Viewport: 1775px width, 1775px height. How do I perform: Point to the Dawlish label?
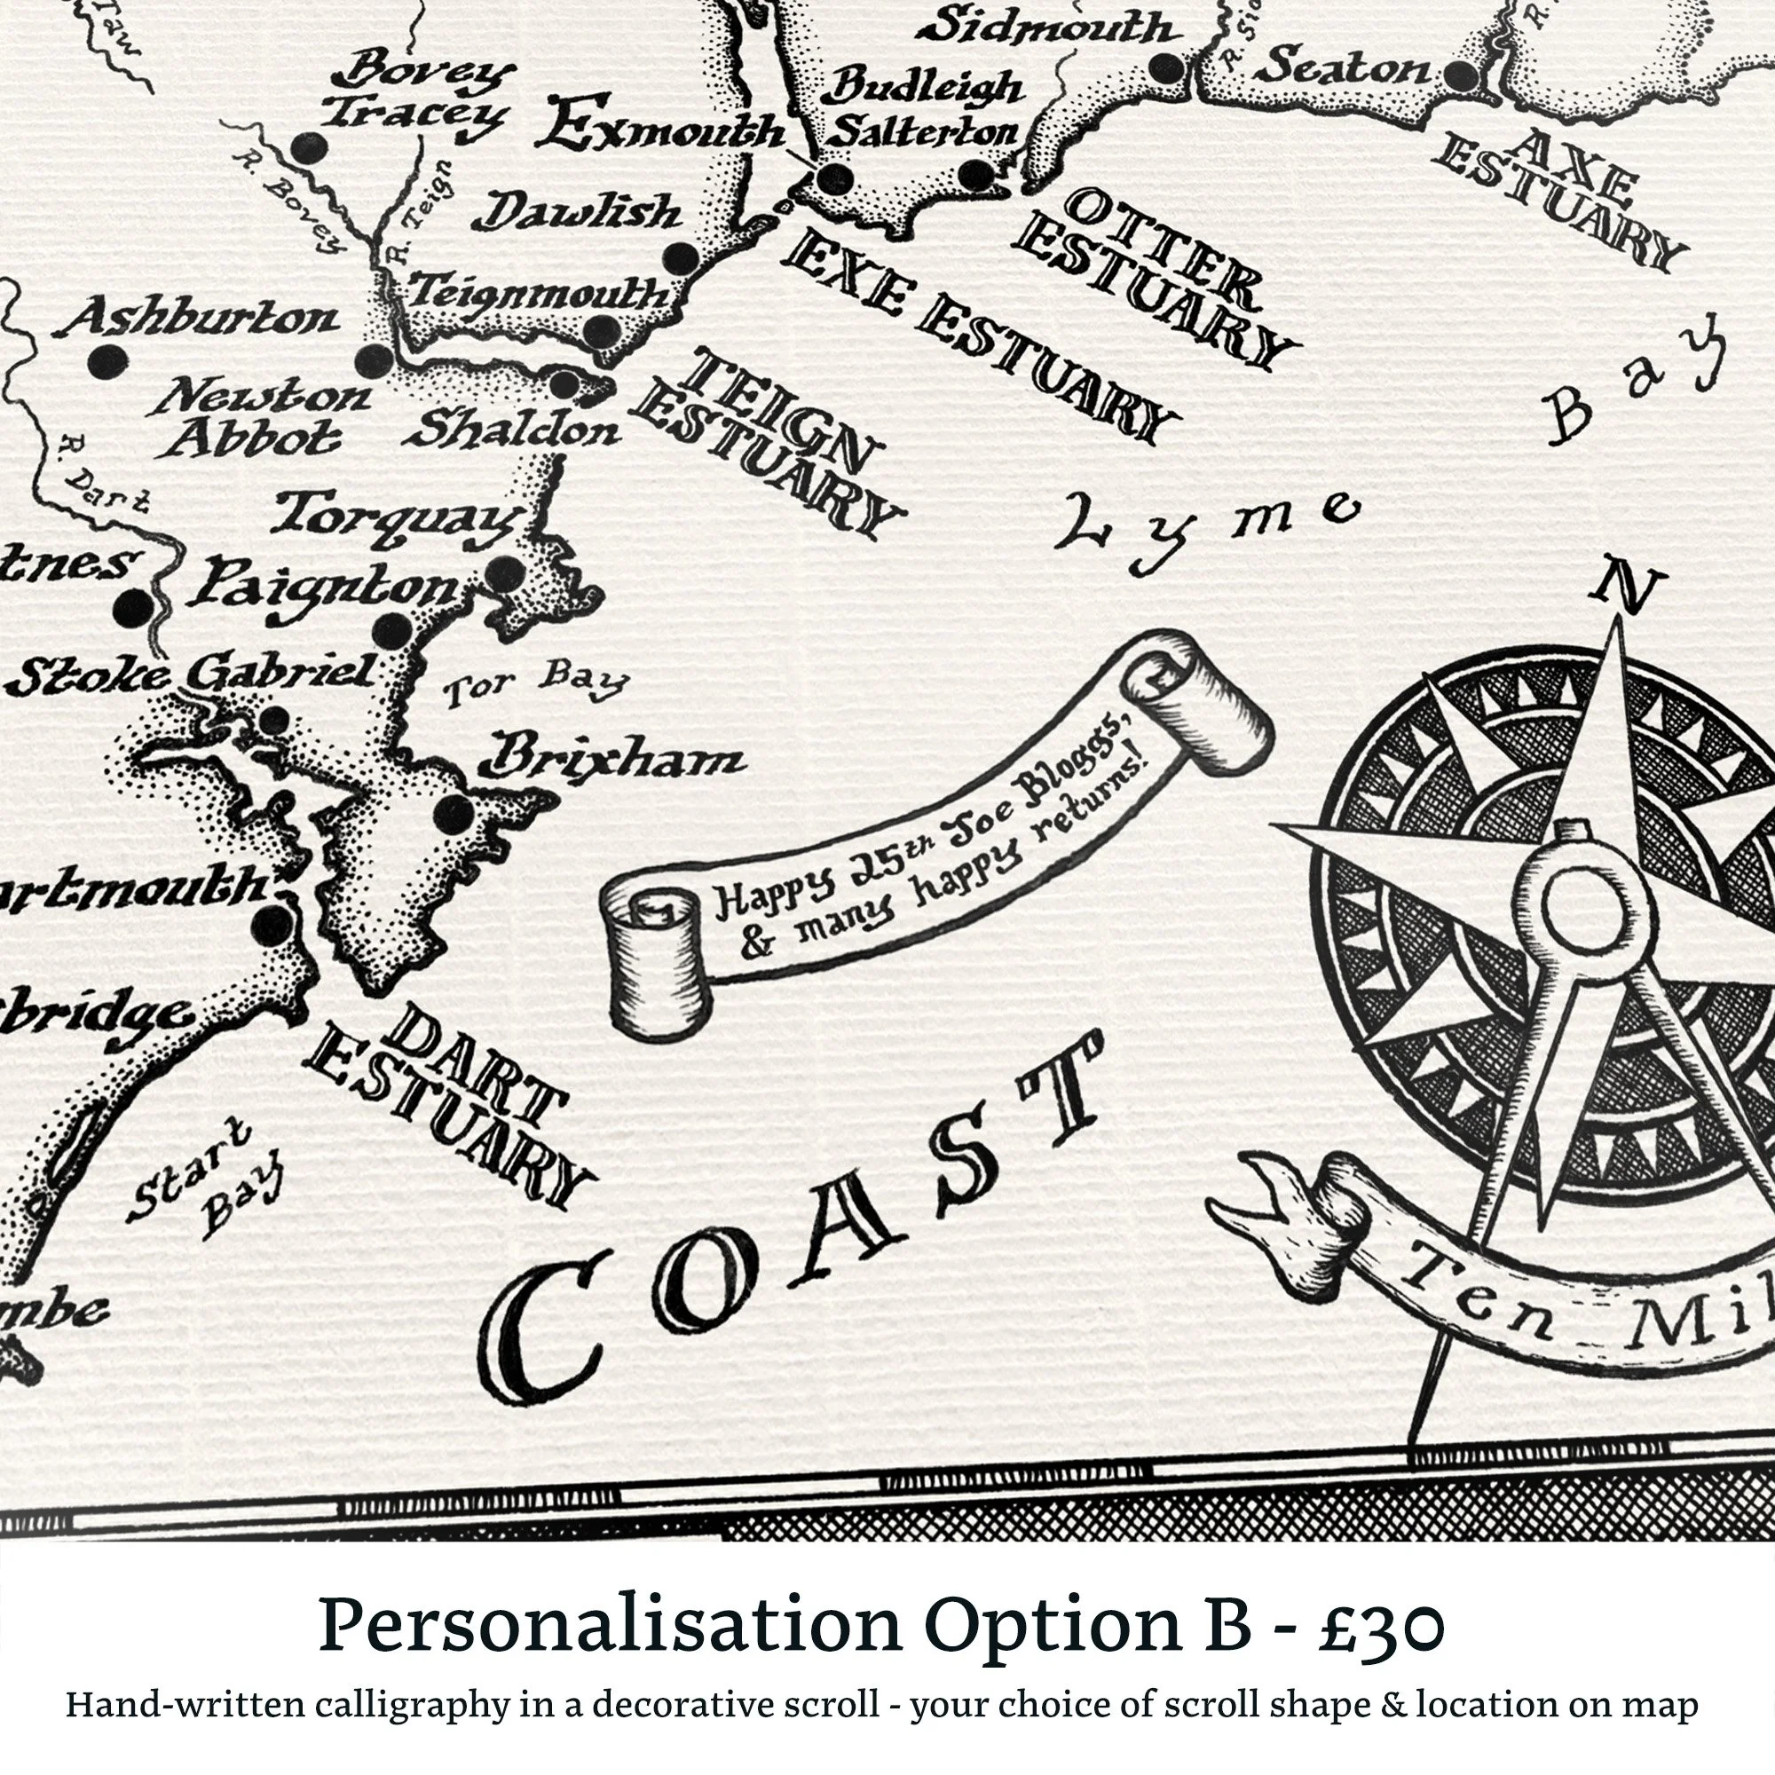(x=577, y=213)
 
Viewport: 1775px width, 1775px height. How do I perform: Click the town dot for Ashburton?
(x=107, y=361)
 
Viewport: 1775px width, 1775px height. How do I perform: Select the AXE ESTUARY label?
(x=1562, y=198)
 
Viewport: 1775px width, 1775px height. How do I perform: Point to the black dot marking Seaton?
(x=1460, y=76)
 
